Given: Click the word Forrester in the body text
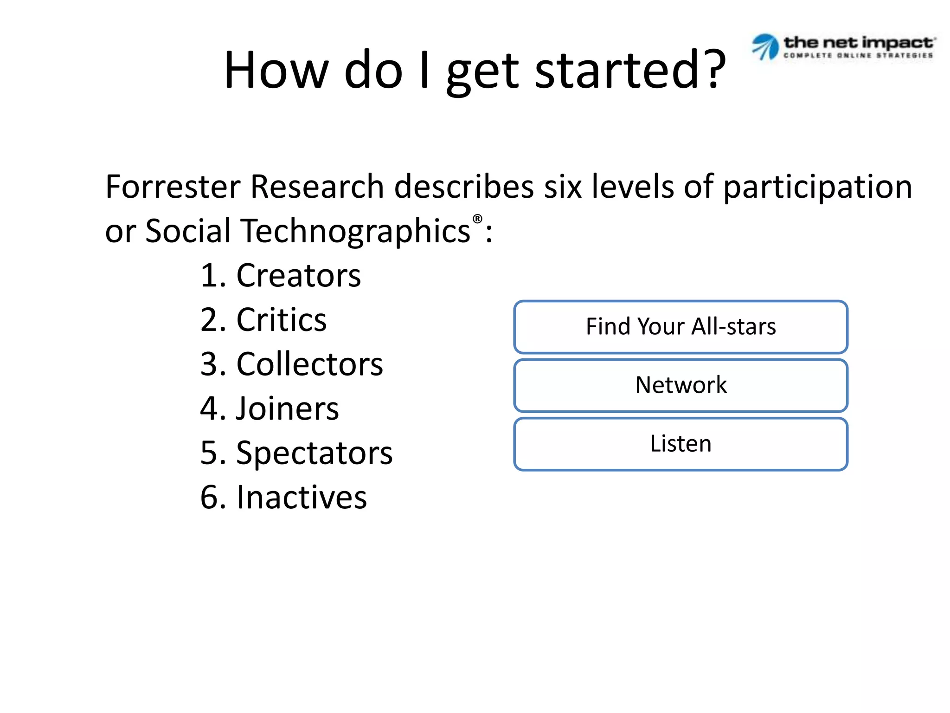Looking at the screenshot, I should click(173, 187).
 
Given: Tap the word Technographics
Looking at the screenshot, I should click(356, 231).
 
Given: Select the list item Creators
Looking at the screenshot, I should click(298, 276).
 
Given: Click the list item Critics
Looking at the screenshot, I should click(281, 320).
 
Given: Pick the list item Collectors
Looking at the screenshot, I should click(309, 364).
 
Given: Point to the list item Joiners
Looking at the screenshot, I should click(287, 408).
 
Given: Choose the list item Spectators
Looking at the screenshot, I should click(314, 453).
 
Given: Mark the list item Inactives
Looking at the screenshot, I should click(302, 497).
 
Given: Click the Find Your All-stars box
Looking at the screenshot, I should click(680, 327).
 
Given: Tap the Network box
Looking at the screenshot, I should click(680, 385).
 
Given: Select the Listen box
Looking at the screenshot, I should click(680, 444).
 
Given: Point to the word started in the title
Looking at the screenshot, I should click(616, 71).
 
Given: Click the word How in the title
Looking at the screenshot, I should click(276, 71).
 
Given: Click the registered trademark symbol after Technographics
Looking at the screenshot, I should click(477, 219).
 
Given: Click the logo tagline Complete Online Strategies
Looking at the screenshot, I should click(858, 56).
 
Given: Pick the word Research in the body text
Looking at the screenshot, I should click(317, 187).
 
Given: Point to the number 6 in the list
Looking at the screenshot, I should click(209, 497).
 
